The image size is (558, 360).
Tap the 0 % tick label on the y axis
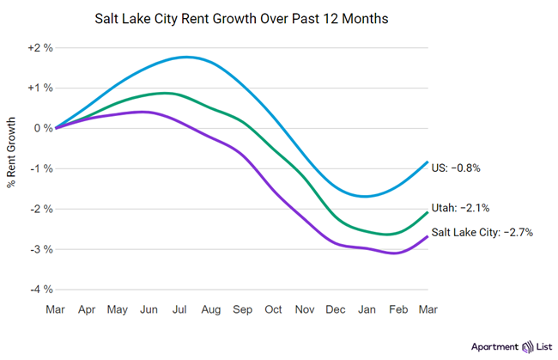pyautogui.click(x=43, y=128)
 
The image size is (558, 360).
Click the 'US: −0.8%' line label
pyautogui.click(x=455, y=168)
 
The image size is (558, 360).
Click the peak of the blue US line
pyautogui.click(x=185, y=58)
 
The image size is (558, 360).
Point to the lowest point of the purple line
pyautogui.click(x=394, y=253)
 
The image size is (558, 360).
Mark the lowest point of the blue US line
pyautogui.click(x=367, y=197)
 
